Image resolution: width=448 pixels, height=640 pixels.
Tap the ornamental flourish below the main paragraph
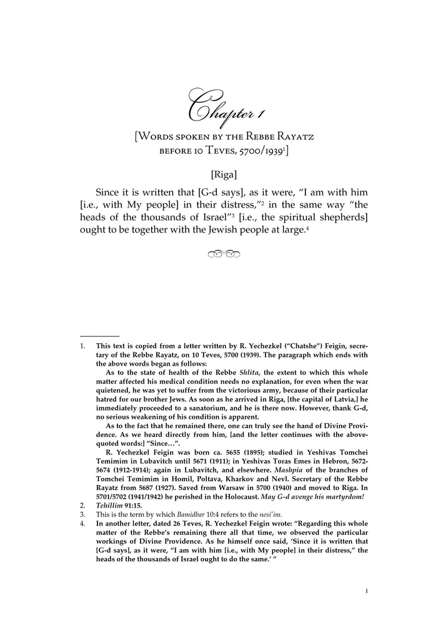pos(224,254)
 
